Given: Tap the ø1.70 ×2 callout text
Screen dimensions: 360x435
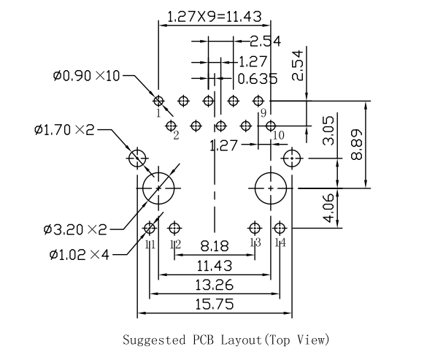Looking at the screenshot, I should (64, 130).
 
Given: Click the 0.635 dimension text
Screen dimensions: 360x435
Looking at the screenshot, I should (257, 78).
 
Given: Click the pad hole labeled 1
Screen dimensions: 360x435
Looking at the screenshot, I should (158, 100).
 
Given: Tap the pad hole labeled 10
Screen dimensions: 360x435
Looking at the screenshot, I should (271, 126).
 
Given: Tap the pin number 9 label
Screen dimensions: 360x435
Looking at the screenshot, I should (261, 112).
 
